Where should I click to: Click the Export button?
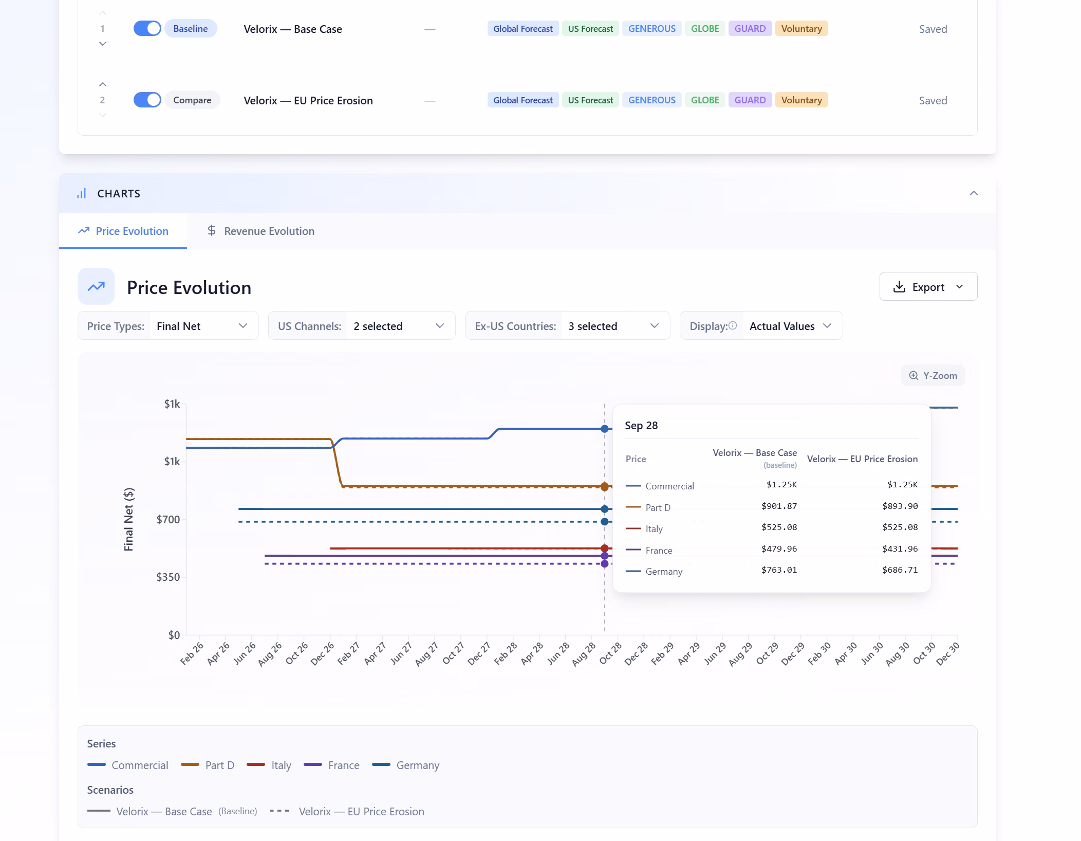pyautogui.click(x=928, y=287)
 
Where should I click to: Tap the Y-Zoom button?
pyautogui.click(x=933, y=376)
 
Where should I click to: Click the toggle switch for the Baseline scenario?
pyautogui.click(x=147, y=29)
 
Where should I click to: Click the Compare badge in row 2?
pyautogui.click(x=192, y=100)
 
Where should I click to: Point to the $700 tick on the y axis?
pyautogui.click(x=168, y=520)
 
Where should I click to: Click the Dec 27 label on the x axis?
pyautogui.click(x=479, y=654)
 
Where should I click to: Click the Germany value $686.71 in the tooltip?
pyautogui.click(x=900, y=570)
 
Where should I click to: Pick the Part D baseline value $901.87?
pyautogui.click(x=779, y=506)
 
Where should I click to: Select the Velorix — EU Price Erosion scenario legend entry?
pyautogui.click(x=347, y=812)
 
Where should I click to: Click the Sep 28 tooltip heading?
pyautogui.click(x=641, y=426)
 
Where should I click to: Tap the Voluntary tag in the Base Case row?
pyautogui.click(x=801, y=29)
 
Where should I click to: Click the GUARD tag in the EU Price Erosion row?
pyautogui.click(x=750, y=100)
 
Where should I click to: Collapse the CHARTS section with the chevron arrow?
pyautogui.click(x=974, y=193)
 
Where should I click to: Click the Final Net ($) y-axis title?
pyautogui.click(x=128, y=519)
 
